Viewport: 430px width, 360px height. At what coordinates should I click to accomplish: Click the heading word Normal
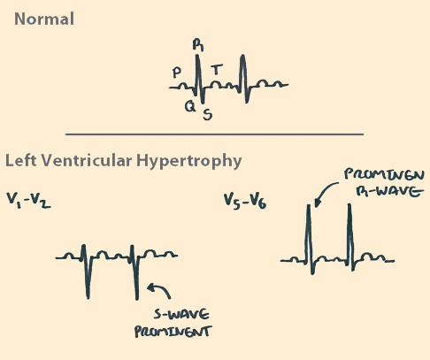44,19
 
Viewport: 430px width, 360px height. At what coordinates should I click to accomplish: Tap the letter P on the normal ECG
177,73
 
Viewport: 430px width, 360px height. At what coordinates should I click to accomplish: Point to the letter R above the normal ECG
198,45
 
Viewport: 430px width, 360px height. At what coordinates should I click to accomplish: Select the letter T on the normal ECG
217,69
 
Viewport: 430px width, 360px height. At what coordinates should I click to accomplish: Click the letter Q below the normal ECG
190,106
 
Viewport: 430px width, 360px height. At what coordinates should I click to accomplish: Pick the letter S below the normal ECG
208,114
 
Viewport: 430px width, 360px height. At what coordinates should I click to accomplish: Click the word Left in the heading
20,161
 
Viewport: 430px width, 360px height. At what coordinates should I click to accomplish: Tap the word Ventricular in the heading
87,161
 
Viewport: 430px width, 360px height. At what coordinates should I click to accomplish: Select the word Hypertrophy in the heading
188,161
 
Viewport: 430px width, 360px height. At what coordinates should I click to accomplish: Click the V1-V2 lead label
28,201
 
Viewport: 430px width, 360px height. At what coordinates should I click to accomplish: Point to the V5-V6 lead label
245,202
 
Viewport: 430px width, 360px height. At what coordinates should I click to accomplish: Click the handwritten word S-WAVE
181,314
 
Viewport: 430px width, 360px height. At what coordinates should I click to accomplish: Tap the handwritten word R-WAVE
389,192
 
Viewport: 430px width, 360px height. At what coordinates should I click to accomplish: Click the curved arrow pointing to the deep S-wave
161,289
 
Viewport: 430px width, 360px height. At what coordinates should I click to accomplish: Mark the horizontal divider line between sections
214,134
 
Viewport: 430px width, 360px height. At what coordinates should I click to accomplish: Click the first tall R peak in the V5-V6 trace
309,206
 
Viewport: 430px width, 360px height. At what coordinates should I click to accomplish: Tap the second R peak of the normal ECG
242,56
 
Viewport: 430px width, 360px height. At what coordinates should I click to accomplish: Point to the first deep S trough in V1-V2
88,297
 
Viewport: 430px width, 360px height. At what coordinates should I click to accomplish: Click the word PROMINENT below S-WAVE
173,332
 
